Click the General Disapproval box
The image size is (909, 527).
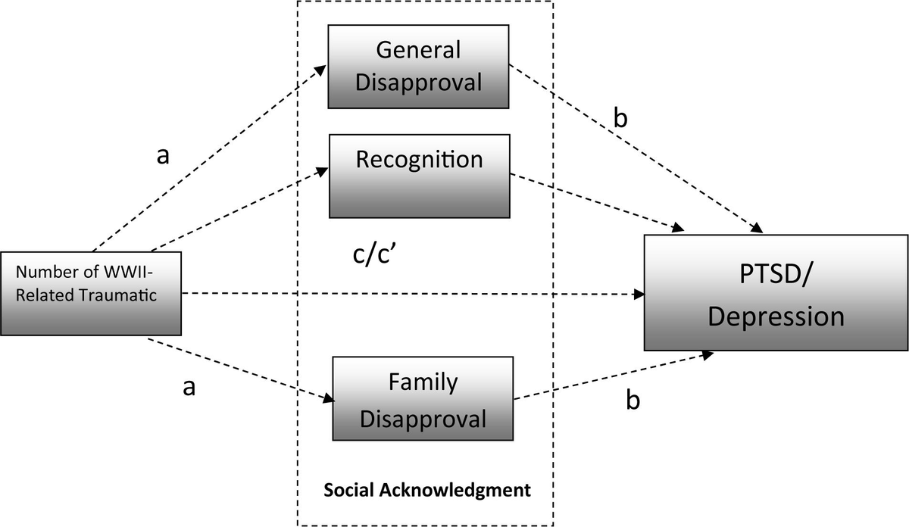[x=418, y=67]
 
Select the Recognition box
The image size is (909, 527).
[x=418, y=176]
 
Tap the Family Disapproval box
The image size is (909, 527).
[x=423, y=399]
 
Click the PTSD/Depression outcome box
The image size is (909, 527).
[x=776, y=293]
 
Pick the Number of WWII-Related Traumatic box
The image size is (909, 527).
[x=91, y=293]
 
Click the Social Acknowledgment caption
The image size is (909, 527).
[x=427, y=490]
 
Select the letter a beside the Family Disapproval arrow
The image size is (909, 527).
[x=189, y=387]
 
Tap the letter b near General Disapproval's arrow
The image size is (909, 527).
[x=621, y=120]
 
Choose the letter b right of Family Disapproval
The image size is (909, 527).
[x=633, y=399]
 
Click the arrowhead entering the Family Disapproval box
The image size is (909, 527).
[x=327, y=399]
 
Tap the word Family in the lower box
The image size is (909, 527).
[x=423, y=382]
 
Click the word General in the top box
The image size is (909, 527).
[x=418, y=50]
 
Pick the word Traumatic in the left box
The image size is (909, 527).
[x=121, y=295]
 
